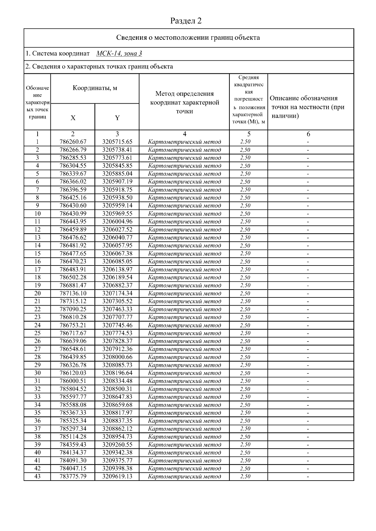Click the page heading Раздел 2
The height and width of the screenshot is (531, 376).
point(186,21)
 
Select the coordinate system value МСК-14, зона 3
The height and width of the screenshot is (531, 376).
point(119,54)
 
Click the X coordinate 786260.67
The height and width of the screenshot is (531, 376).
point(73,142)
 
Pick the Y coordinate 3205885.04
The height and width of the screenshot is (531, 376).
point(117,174)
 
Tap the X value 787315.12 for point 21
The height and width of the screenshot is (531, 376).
point(73,301)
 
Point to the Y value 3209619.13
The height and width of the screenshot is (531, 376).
point(117,476)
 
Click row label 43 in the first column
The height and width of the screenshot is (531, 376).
point(37,476)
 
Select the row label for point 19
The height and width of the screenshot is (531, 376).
point(37,285)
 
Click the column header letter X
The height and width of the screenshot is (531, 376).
point(73,118)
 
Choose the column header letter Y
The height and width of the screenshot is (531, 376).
point(117,118)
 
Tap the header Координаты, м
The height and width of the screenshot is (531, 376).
point(95,88)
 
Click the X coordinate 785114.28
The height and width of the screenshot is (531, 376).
point(73,436)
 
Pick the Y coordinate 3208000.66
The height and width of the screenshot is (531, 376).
point(117,357)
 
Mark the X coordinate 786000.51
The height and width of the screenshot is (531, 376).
point(73,381)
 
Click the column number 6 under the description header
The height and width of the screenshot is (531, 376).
point(308,134)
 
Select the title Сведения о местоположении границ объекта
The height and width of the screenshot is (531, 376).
point(188,38)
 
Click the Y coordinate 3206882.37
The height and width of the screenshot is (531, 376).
point(117,285)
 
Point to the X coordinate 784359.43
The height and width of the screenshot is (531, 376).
point(73,445)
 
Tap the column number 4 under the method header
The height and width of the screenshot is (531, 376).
point(185,134)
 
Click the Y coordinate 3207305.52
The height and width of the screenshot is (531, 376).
point(117,301)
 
